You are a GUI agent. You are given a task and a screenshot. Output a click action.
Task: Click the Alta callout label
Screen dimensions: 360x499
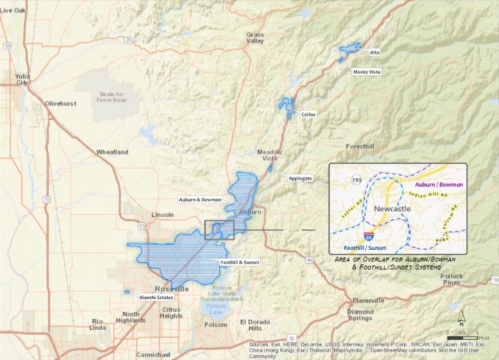(374, 52)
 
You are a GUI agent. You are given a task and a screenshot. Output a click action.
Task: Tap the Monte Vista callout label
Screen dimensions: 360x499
(366, 72)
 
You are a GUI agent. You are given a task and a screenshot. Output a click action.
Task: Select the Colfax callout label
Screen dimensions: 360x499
(308, 114)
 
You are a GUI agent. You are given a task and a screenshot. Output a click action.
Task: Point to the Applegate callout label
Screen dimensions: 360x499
(300, 178)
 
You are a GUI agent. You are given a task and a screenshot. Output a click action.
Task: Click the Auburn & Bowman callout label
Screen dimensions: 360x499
(200, 199)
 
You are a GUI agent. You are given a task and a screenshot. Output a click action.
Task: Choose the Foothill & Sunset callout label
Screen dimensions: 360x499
(239, 262)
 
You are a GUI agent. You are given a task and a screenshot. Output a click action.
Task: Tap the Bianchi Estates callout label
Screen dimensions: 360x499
(155, 297)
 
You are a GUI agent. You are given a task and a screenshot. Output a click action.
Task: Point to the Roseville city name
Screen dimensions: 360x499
(172, 288)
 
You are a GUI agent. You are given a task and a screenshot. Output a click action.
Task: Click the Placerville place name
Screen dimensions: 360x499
(368, 300)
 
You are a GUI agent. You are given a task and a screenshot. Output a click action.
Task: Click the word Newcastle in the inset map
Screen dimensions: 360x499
(392, 208)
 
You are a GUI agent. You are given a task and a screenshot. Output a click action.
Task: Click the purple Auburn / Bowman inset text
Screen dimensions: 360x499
(438, 185)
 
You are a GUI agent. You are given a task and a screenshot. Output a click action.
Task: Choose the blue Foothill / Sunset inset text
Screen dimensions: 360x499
(365, 248)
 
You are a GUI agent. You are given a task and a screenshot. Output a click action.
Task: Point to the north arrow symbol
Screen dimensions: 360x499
(461, 318)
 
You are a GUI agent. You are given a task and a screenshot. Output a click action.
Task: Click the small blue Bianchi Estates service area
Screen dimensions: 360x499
(127, 292)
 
